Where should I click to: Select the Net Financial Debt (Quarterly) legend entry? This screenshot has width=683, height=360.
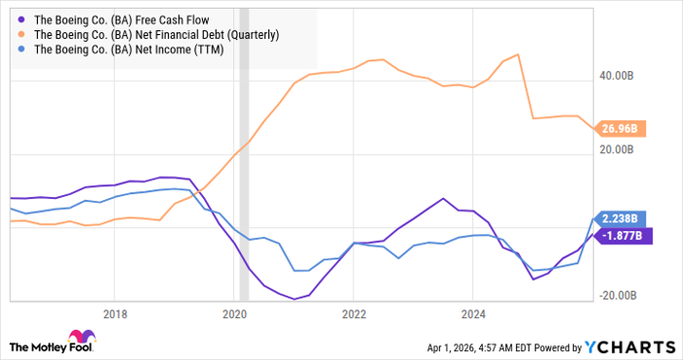(x=156, y=34)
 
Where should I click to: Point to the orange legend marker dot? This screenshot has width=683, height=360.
(x=21, y=34)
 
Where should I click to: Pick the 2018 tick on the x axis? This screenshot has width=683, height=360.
(x=115, y=314)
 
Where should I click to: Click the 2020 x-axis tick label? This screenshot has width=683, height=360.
(x=234, y=314)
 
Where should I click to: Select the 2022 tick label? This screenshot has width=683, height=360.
(x=353, y=314)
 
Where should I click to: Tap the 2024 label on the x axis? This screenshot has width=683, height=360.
(x=472, y=314)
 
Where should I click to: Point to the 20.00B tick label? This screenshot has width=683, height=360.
(x=618, y=149)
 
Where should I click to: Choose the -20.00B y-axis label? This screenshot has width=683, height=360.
(x=616, y=298)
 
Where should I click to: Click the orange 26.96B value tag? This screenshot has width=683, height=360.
(x=618, y=129)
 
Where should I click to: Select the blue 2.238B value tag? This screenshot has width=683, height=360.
(x=618, y=219)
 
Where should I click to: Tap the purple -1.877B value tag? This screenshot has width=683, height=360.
(x=618, y=236)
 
